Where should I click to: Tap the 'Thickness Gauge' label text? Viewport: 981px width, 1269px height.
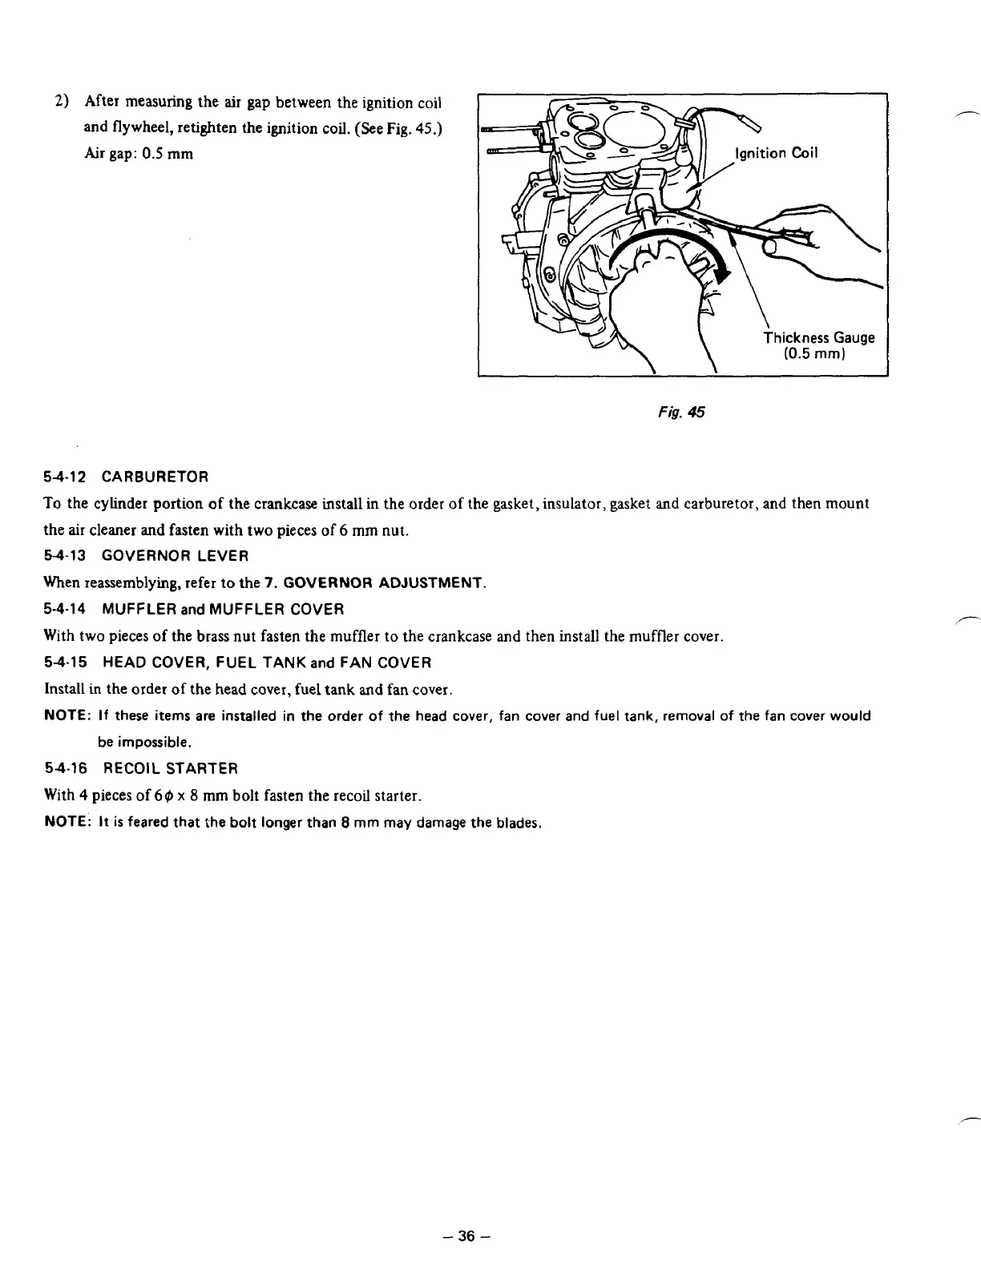818,337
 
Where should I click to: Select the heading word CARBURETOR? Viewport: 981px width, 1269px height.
155,477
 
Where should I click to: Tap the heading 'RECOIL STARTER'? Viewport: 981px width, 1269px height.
170,769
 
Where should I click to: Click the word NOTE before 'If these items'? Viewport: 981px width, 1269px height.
65,716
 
